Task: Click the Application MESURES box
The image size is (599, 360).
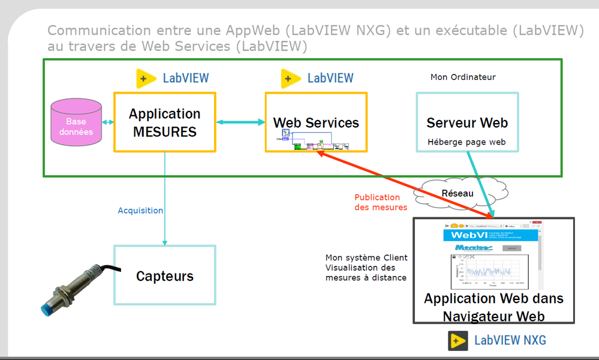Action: click(x=164, y=122)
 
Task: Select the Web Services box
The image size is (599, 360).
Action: click(x=316, y=122)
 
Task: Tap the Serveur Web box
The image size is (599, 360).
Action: click(x=467, y=122)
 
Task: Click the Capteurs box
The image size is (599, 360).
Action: click(x=165, y=275)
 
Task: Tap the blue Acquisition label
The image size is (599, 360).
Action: click(x=140, y=211)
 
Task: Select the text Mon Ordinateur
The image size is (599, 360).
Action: click(x=463, y=77)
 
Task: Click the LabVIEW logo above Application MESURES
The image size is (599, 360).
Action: click(x=173, y=78)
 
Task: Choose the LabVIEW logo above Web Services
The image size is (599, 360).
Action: click(x=317, y=78)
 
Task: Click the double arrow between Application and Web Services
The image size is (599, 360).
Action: click(x=240, y=122)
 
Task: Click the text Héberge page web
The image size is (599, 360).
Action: click(x=467, y=142)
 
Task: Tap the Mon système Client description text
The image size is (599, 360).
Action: click(x=366, y=268)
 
